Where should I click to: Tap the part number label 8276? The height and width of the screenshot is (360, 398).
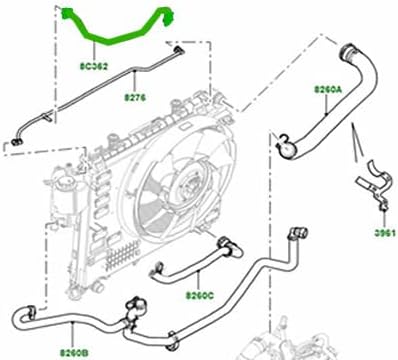tap(136, 99)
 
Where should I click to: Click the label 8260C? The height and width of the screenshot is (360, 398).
tap(201, 295)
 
